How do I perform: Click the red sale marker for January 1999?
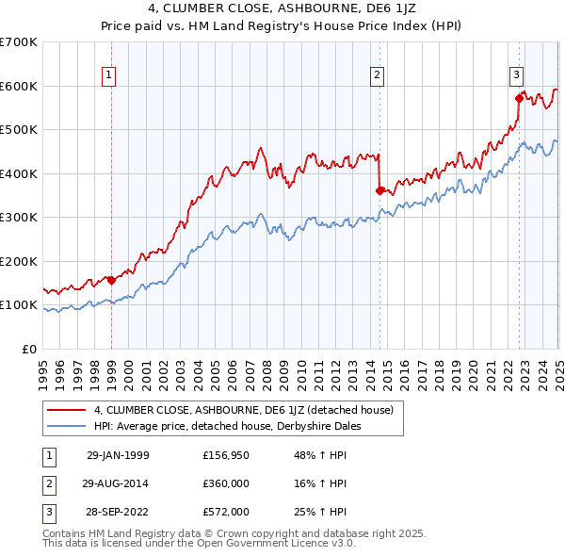click(x=112, y=280)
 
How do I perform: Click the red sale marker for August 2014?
click(x=379, y=190)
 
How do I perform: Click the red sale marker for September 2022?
click(x=519, y=97)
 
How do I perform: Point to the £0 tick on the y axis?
click(x=30, y=349)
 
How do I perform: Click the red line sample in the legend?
click(x=66, y=410)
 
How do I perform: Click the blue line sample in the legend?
click(x=66, y=426)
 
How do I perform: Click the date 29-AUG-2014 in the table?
click(x=117, y=483)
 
